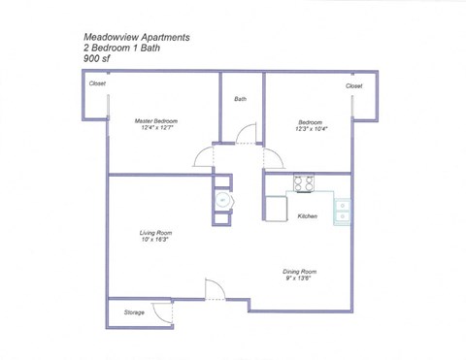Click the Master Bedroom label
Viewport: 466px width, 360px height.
tap(156, 120)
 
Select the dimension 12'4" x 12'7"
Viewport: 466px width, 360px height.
tap(156, 128)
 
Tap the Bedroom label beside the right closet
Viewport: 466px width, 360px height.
tap(310, 120)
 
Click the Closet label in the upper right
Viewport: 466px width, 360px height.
tap(354, 85)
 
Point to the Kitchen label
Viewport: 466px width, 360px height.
tap(308, 215)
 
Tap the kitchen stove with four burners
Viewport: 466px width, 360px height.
tap(305, 181)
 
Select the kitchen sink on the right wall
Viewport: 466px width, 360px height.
tap(343, 211)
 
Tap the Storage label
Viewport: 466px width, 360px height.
tap(133, 312)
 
